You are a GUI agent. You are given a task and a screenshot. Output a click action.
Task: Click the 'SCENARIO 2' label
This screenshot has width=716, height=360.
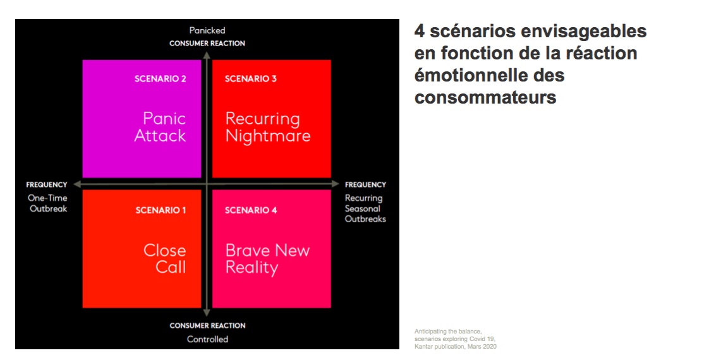[x=161, y=79]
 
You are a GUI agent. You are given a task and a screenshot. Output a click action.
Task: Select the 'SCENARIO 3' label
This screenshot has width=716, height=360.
[x=251, y=79]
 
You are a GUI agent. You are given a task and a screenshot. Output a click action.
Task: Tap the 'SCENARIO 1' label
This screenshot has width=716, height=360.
[x=161, y=210]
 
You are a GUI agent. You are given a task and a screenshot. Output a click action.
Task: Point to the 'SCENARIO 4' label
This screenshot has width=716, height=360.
[x=251, y=210]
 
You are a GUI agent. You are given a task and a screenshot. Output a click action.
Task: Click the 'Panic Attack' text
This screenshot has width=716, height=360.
[x=161, y=127]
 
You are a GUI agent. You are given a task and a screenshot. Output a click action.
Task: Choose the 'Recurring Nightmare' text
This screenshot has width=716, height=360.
[x=268, y=128]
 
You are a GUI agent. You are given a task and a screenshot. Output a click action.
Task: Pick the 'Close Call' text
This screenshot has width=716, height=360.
[x=165, y=259]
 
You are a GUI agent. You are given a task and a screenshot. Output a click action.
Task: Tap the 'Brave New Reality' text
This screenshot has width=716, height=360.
[x=267, y=259]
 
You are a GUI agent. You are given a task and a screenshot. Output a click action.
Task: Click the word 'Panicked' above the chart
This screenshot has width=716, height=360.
[x=207, y=30]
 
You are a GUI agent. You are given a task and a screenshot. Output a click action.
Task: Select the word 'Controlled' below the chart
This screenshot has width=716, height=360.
[x=208, y=339]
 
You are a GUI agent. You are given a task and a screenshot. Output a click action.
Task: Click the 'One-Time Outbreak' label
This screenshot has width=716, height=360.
[x=48, y=203]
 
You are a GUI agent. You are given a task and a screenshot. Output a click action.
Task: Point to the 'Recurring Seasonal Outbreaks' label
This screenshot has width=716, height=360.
[x=365, y=208]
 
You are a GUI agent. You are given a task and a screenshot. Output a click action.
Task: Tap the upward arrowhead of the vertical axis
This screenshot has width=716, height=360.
[x=207, y=55]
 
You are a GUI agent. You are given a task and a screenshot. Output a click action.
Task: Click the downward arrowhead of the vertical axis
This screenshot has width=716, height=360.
[x=207, y=313]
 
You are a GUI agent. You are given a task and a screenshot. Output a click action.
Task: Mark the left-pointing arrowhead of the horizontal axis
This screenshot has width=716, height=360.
[x=77, y=184]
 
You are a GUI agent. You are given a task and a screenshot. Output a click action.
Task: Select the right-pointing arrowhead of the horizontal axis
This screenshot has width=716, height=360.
[x=336, y=184]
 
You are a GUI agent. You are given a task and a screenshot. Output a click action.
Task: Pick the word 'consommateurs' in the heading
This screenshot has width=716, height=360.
[x=485, y=97]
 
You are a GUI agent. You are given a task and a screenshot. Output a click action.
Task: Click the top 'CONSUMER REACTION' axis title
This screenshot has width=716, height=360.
[x=207, y=44]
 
